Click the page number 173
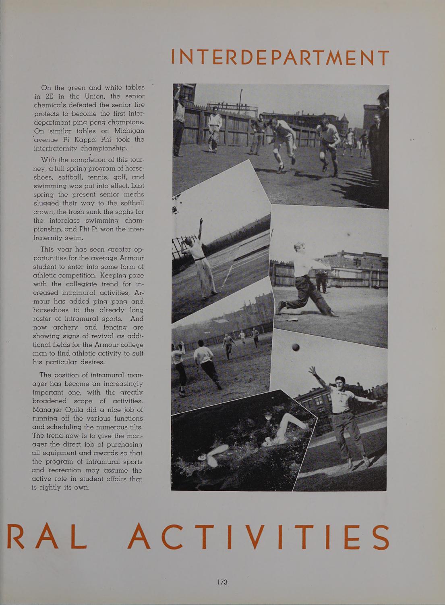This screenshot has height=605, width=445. point(222,582)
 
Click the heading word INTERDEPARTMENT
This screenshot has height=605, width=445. point(280,58)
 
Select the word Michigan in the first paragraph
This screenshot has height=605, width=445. point(129,131)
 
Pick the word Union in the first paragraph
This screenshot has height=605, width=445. point(94,96)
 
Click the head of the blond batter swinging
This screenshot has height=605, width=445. point(300,247)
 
